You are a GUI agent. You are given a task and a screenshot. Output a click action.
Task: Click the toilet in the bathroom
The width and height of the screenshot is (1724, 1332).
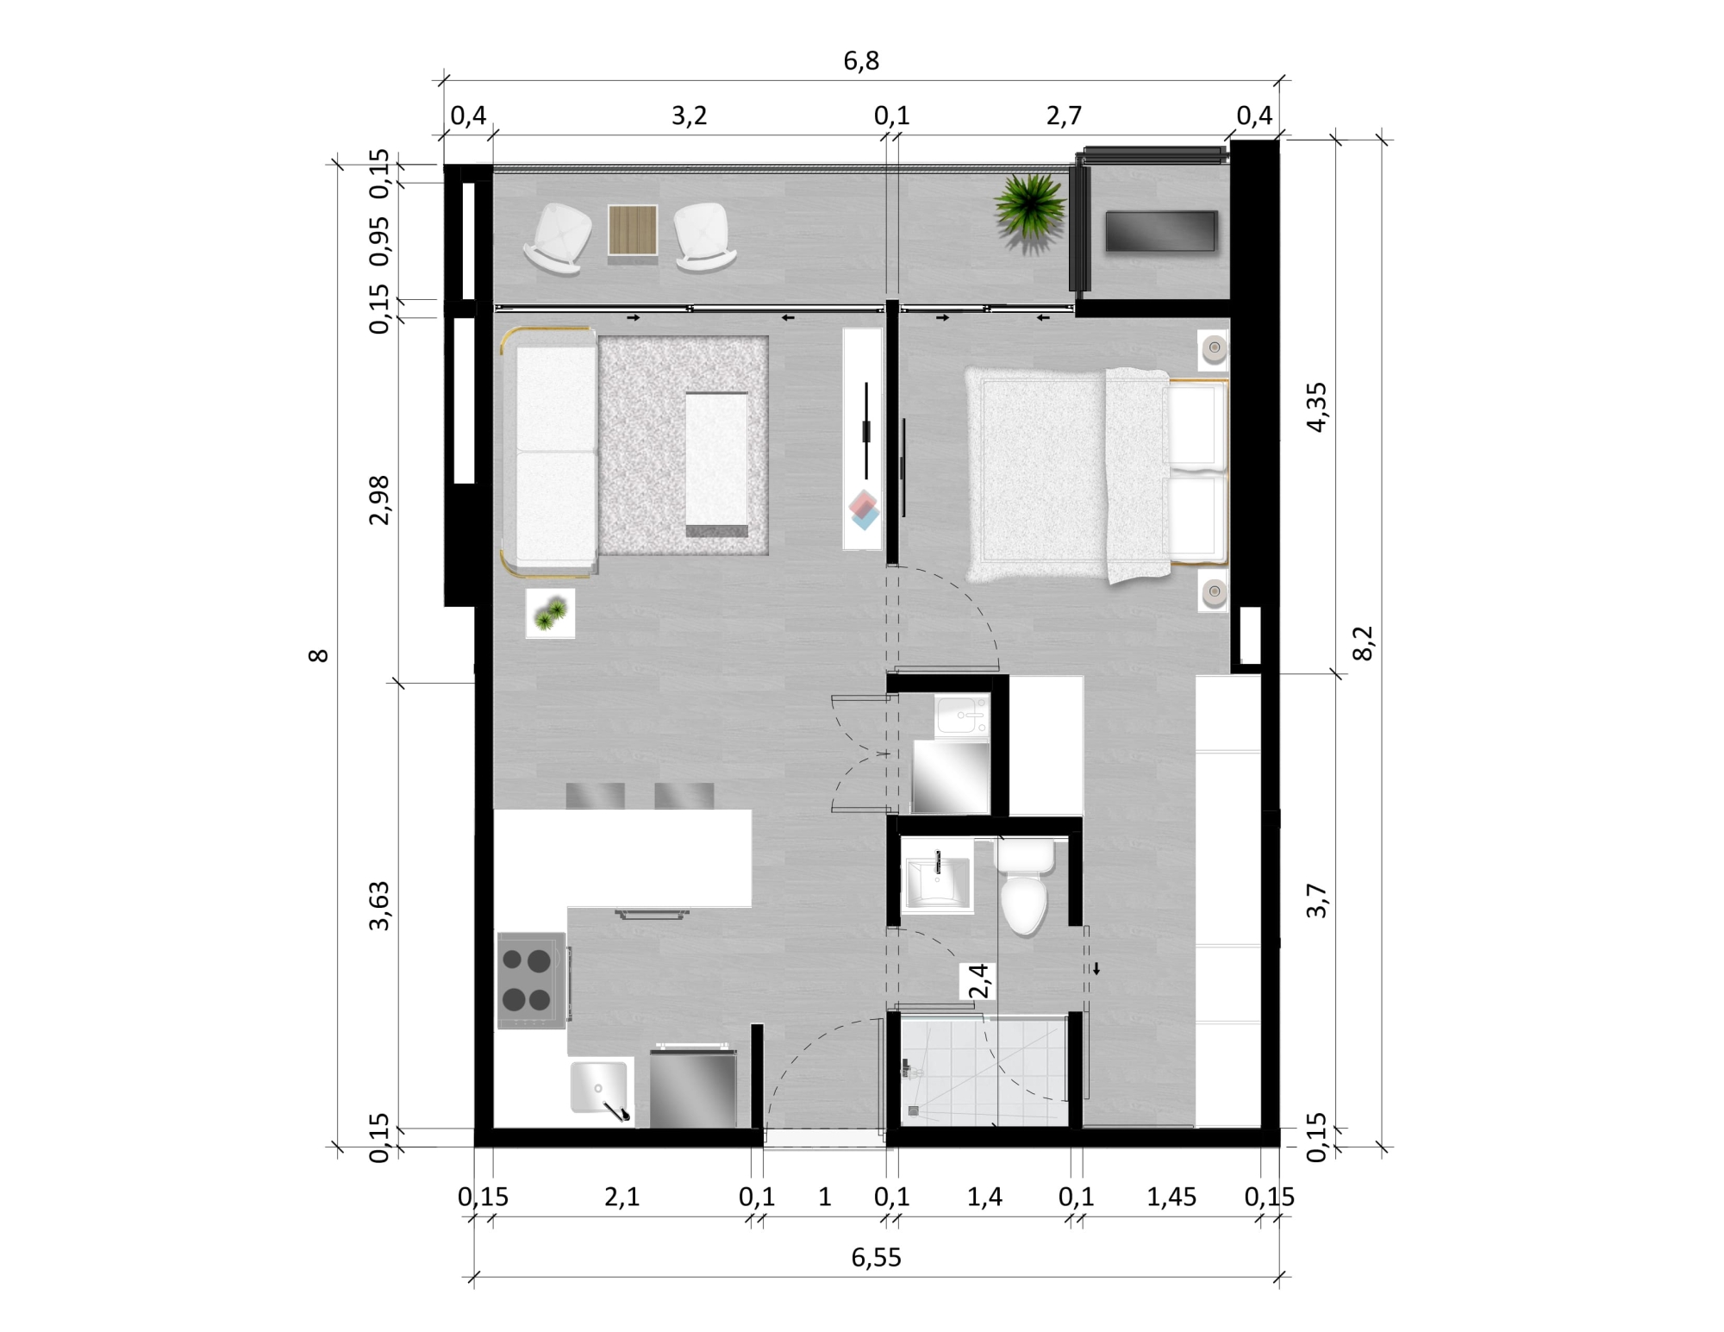point(1024,888)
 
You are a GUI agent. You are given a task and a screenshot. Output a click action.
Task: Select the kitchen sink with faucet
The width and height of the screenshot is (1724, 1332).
point(601,1091)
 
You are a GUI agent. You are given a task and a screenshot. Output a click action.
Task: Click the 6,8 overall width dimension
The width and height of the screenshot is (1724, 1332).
point(861,60)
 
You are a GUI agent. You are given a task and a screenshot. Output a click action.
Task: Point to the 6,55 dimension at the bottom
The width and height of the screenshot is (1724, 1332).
point(876,1257)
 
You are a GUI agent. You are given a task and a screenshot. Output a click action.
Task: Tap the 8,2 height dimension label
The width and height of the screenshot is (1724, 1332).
point(1362,643)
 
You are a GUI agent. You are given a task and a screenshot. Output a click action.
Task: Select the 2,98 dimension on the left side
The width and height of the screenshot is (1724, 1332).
point(379,499)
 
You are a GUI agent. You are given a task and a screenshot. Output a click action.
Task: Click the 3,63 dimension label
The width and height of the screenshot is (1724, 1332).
point(379,905)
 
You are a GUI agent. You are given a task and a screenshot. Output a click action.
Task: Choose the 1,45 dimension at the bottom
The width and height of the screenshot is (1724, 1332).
point(1171,1197)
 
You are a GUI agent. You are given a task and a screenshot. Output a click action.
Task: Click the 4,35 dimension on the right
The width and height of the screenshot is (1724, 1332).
point(1317,407)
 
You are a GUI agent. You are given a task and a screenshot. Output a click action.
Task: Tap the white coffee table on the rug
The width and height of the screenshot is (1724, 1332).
point(716,464)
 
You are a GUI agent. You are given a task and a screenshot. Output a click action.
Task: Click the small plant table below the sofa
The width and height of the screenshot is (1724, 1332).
point(550,614)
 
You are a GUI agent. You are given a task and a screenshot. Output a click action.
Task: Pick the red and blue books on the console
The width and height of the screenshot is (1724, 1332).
point(864,510)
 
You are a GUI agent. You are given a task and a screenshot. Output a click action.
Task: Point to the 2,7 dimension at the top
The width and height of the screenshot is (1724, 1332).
point(1064,116)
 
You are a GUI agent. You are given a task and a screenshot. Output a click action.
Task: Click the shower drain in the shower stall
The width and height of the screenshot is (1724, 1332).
point(914,1111)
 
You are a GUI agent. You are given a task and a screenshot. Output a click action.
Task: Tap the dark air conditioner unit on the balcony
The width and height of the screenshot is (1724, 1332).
point(1161,231)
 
